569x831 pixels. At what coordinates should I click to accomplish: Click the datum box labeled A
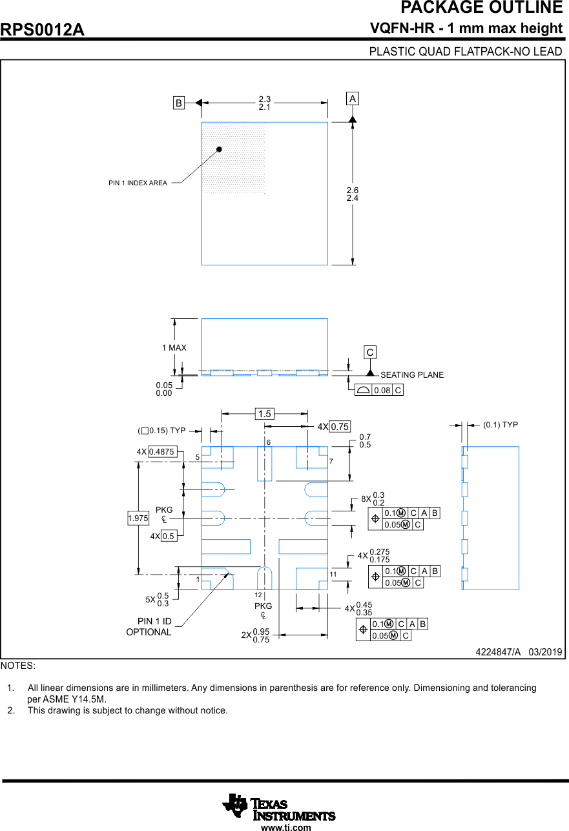(x=352, y=99)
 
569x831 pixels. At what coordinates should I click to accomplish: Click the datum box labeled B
(x=179, y=103)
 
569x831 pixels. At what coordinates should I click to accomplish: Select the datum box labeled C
(x=370, y=353)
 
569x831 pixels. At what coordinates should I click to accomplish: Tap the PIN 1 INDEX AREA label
(x=138, y=183)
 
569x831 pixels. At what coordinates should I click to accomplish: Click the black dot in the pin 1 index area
(x=219, y=149)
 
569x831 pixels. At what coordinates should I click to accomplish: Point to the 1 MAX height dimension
(x=174, y=348)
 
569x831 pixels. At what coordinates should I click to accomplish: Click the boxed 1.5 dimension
(x=265, y=414)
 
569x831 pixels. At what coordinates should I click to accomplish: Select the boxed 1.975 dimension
(x=138, y=518)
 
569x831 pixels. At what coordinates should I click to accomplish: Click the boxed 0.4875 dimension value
(x=162, y=452)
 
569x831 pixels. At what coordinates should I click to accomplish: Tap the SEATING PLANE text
(x=412, y=374)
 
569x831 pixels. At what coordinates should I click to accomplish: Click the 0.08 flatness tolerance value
(x=382, y=390)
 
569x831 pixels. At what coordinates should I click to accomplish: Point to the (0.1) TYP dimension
(x=501, y=425)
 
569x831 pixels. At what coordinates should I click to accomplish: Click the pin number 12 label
(x=258, y=595)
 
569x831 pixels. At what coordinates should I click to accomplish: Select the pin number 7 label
(x=331, y=462)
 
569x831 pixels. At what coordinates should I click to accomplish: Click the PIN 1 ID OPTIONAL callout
(x=149, y=627)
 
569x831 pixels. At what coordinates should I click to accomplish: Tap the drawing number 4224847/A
(x=498, y=652)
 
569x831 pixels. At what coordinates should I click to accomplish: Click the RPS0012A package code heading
(x=43, y=30)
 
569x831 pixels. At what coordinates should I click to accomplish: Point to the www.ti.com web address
(x=285, y=826)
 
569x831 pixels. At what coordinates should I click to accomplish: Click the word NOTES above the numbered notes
(x=18, y=665)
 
